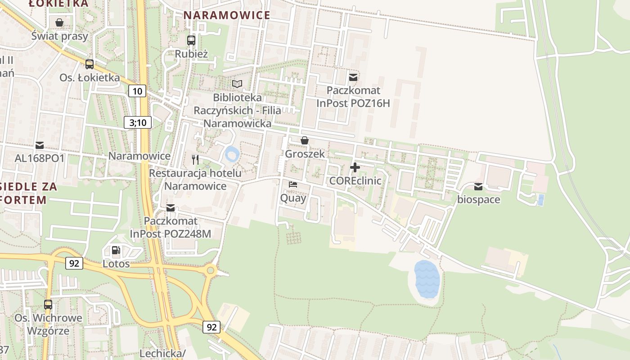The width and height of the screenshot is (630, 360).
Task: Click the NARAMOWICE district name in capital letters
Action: click(227, 15)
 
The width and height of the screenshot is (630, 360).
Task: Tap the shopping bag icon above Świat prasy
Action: click(59, 22)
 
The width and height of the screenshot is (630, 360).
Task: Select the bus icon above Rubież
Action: click(191, 40)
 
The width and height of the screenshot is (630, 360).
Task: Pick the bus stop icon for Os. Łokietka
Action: click(90, 64)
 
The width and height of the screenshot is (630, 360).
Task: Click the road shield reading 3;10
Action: click(138, 122)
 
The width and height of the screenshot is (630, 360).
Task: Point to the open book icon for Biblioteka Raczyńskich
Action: click(237, 84)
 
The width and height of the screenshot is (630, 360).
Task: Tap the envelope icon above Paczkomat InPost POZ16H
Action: click(353, 77)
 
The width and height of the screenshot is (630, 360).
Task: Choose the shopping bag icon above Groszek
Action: click(305, 140)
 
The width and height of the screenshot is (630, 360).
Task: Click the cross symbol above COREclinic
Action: click(355, 168)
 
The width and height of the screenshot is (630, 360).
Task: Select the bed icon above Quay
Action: click(293, 184)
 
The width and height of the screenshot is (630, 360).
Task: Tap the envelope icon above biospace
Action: click(478, 186)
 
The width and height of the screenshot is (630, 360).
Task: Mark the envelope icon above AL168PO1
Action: click(40, 145)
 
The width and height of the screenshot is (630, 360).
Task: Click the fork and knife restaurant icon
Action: click(195, 159)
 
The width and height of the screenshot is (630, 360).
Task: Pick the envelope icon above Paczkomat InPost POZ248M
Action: click(170, 207)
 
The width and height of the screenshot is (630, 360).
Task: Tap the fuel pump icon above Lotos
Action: click(116, 250)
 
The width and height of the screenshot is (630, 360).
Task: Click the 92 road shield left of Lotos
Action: click(74, 263)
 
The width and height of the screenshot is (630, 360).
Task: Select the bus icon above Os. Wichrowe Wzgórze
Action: click(48, 305)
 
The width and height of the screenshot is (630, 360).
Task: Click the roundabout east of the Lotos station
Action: click(210, 271)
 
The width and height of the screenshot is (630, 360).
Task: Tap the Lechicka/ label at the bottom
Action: click(162, 353)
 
